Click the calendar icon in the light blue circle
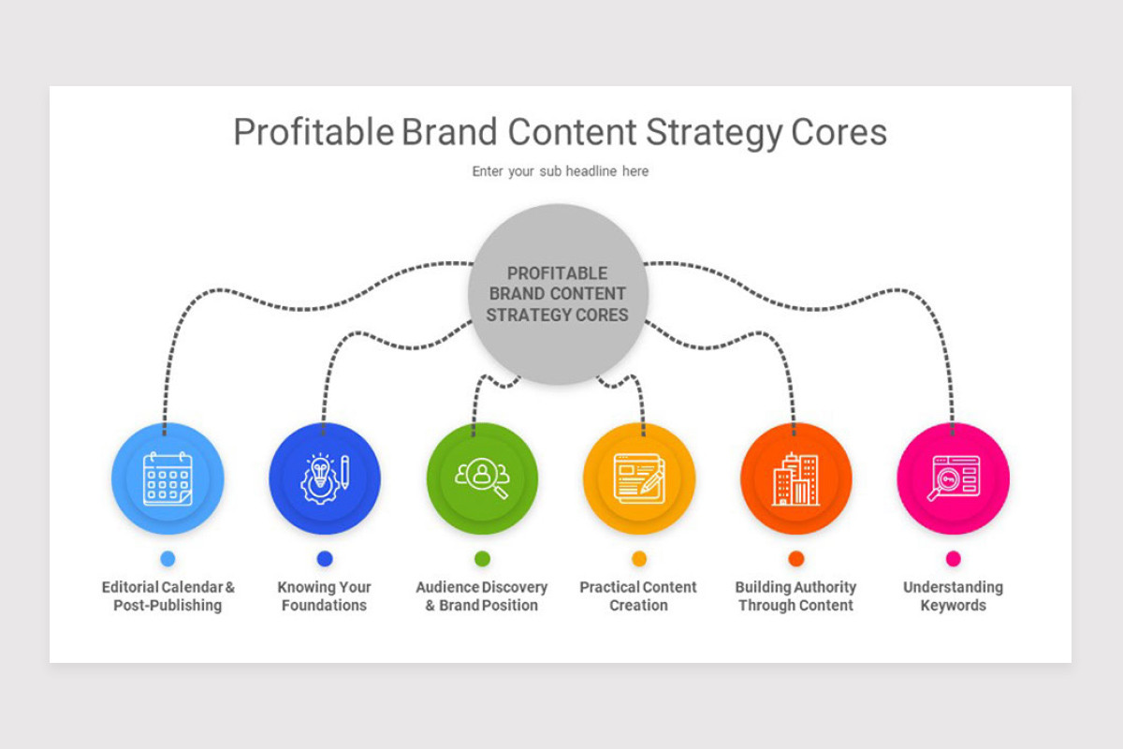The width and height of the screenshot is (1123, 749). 168,478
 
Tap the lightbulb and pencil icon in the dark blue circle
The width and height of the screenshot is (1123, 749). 325,478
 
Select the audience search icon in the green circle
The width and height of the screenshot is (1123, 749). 482,478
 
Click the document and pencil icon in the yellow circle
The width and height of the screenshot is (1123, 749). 639,478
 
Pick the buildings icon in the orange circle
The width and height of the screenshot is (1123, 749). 796,478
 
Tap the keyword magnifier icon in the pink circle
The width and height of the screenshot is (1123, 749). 953,478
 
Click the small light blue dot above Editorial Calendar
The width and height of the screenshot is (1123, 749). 168,559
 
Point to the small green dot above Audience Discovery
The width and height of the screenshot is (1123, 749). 482,559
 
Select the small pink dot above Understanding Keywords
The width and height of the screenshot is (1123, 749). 953,559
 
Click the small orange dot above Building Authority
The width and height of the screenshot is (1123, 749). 796,559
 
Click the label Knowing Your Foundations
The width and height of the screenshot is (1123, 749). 325,596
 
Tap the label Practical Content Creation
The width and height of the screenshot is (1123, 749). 638,596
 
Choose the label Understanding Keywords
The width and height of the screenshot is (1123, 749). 953,596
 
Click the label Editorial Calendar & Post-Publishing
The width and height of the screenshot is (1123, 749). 168,596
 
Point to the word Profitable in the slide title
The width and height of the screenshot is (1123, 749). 313,133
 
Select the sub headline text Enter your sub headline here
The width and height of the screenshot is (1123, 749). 560,171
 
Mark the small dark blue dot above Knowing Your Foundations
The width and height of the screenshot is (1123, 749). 325,559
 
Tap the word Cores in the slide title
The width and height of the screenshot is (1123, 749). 839,133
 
